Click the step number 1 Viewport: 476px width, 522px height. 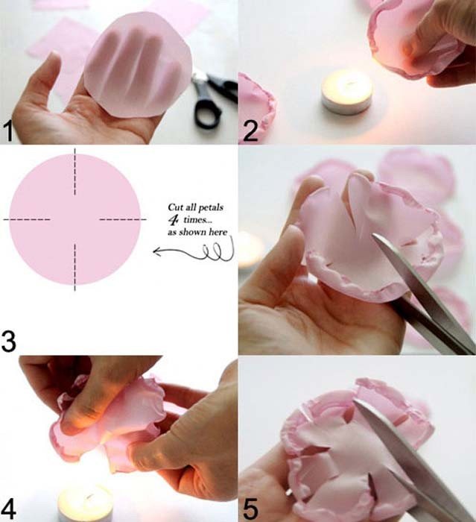tap(9, 131)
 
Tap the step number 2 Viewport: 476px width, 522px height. tap(250, 131)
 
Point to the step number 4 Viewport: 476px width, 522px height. tap(9, 509)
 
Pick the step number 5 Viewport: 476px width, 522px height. tap(250, 509)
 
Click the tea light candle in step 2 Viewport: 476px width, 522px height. tap(346, 93)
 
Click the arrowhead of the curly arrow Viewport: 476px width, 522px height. tap(156, 251)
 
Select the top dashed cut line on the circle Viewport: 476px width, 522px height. tap(74, 172)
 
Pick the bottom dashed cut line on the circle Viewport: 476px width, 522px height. tap(74, 267)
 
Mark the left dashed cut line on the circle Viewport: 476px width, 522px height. tap(27, 219)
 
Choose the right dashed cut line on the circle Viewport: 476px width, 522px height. tap(123, 219)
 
